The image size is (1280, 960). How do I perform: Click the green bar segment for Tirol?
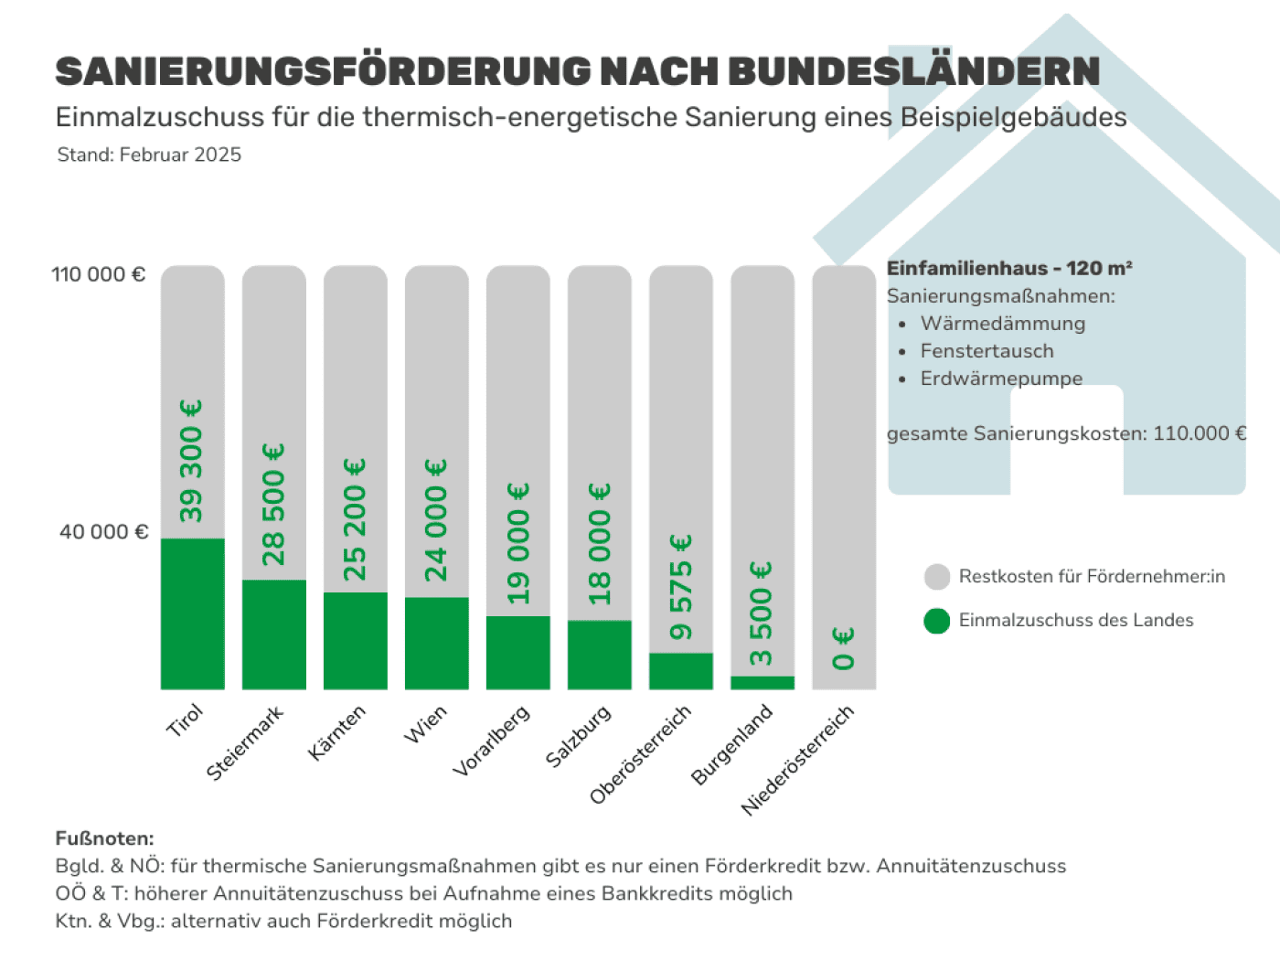pos(192,613)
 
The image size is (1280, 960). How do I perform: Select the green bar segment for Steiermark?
pos(273,635)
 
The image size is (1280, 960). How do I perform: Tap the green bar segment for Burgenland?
pos(762,682)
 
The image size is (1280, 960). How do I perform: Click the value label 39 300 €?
pos(191,462)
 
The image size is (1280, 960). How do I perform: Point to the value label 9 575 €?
pos(680,588)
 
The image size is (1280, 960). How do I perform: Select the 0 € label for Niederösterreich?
pos(843,648)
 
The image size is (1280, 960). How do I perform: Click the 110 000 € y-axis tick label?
pos(98,274)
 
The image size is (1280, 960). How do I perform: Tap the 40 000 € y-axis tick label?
pos(102,532)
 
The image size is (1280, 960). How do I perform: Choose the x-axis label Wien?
pos(426,723)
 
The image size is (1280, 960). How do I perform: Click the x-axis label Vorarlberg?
pos(492,741)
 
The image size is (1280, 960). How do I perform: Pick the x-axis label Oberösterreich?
pos(640,754)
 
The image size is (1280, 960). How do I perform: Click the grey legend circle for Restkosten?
pos(937,577)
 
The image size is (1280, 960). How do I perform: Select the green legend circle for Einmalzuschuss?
pos(937,621)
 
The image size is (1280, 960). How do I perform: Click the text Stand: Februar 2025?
pos(149,155)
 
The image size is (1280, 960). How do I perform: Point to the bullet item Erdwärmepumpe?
pos(1001,379)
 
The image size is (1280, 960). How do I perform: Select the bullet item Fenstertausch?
pos(987,351)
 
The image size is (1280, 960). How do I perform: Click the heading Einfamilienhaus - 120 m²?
pos(1009,268)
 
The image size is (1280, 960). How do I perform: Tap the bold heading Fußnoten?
pos(104,838)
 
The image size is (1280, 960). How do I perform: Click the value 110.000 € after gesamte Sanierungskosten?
pos(1199,433)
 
